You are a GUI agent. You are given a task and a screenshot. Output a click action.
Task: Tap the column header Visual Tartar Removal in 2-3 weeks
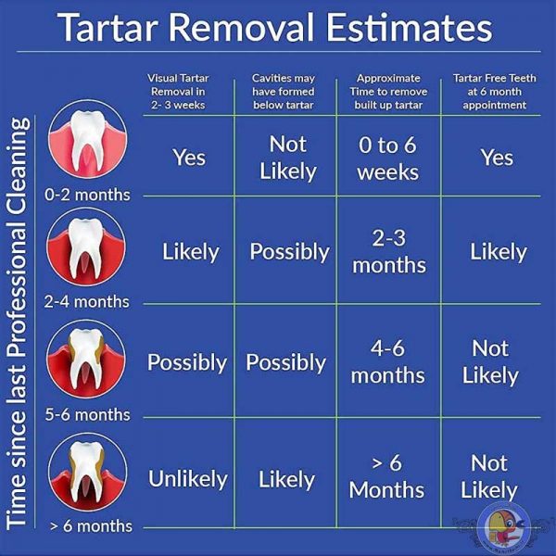point(188,91)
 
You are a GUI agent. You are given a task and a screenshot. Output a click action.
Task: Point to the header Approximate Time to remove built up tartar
point(387,91)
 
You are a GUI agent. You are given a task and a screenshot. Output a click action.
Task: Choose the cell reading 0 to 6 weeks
point(387,158)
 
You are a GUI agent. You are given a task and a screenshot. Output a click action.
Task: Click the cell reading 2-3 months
point(387,251)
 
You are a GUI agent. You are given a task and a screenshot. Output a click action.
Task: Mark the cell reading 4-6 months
point(387,362)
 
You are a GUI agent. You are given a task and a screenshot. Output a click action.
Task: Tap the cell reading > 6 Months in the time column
point(387,475)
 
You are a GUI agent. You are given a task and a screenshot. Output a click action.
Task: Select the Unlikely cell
point(188,479)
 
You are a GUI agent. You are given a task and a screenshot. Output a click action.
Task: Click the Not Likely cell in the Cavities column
point(287,158)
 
